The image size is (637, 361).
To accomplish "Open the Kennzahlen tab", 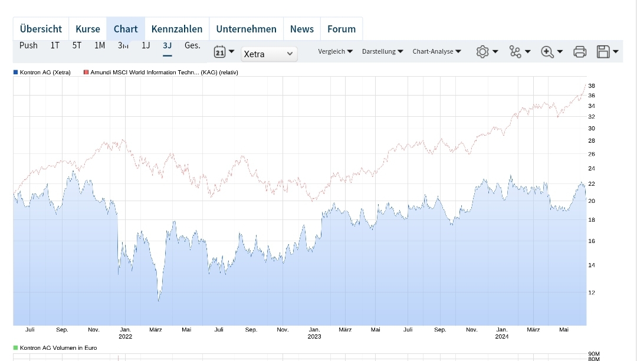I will click(x=176, y=29).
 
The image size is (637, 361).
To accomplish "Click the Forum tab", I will click(x=342, y=29).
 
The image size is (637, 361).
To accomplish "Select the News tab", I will click(x=302, y=29).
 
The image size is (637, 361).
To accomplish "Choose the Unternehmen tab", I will click(x=246, y=29).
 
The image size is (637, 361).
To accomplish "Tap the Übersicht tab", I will click(x=41, y=29).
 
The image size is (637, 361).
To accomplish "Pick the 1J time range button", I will click(x=146, y=45).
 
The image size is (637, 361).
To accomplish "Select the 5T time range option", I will click(x=77, y=45).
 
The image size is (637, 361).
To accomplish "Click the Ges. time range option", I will click(x=192, y=45).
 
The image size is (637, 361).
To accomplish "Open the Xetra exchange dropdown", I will click(x=269, y=54).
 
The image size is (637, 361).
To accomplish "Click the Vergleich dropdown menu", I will click(x=335, y=51).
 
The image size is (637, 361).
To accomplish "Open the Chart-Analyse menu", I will click(x=436, y=51).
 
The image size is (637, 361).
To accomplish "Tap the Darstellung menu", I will click(x=382, y=51).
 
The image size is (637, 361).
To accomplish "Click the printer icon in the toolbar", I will click(x=580, y=52).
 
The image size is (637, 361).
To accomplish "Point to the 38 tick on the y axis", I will click(x=592, y=86).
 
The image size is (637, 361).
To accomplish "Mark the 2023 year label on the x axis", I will click(x=314, y=337).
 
